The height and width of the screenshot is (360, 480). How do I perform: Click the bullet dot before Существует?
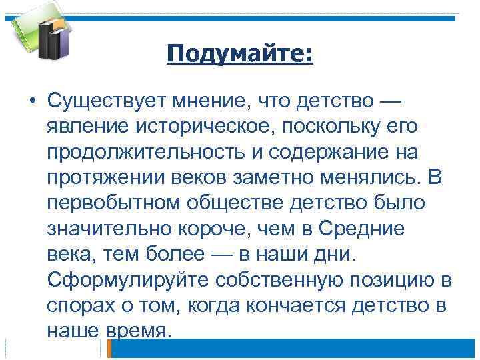pos(32,101)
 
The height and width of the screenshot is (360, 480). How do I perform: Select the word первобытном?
pos(109,203)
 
